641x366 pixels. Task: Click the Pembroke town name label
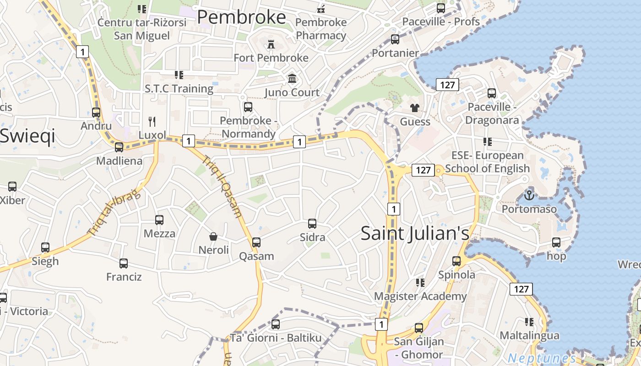coord(241,17)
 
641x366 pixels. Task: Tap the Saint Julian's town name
coord(415,233)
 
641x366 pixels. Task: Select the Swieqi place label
coord(27,136)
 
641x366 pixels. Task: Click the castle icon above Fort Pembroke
coord(271,44)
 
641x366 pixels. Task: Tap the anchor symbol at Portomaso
coord(529,195)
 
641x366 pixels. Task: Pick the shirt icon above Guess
coord(415,108)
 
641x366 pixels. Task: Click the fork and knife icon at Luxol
coord(152,121)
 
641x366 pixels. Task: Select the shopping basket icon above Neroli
coord(213,237)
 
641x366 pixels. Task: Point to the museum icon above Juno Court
coord(292,79)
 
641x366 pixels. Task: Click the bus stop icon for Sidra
coord(312,224)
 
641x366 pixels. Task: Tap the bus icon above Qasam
coord(256,242)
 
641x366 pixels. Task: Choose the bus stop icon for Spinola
coord(456,261)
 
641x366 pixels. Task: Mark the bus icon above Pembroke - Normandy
coord(248,107)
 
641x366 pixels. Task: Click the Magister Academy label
coord(420,296)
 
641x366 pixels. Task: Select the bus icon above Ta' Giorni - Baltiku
coord(275,324)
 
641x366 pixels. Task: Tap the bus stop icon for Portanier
coord(395,39)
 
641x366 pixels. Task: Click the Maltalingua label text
coord(529,335)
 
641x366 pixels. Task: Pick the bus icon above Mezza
coord(159,220)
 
